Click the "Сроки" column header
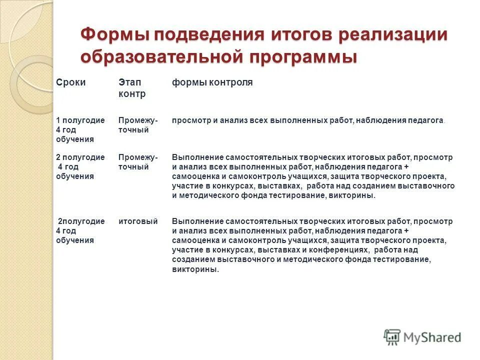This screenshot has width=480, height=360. (x=70, y=82)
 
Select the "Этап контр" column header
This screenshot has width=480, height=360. (x=131, y=88)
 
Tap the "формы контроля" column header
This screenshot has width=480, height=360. (x=212, y=82)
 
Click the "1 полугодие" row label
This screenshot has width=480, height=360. (x=80, y=120)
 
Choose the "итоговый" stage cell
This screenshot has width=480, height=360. (x=138, y=221)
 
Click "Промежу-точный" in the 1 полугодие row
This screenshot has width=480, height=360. (x=137, y=125)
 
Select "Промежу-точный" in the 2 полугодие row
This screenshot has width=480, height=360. (x=137, y=162)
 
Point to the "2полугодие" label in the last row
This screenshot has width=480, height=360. (x=81, y=221)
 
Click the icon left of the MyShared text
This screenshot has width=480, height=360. (x=392, y=336)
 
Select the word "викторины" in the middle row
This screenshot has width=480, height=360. (x=352, y=195)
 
